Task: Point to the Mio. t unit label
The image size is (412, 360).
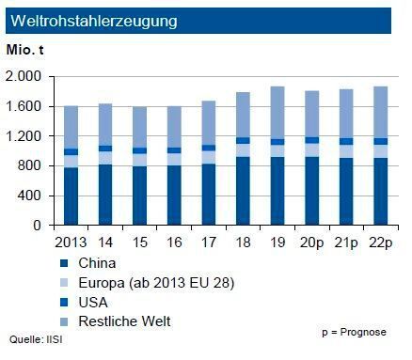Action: click(25, 49)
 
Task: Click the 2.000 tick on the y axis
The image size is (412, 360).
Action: click(24, 76)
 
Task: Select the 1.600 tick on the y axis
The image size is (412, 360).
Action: click(24, 106)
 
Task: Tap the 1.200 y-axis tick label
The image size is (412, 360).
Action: click(24, 136)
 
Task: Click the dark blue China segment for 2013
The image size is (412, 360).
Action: click(71, 196)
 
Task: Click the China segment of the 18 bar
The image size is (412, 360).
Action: click(244, 192)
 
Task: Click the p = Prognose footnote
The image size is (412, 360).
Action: click(354, 333)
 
